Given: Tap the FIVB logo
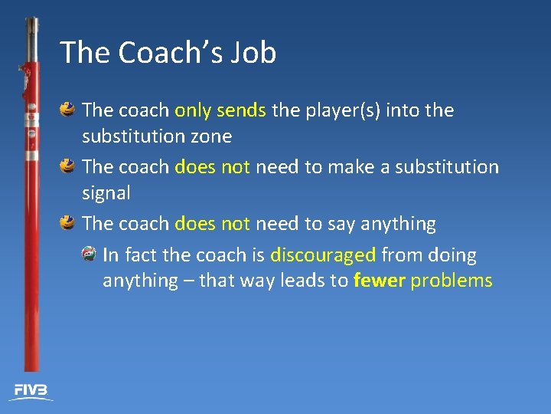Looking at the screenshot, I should point(31,391).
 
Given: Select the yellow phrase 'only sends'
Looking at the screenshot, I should point(220,110).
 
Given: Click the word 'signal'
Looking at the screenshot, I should point(106,193).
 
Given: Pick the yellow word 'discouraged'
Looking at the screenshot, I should point(322,255).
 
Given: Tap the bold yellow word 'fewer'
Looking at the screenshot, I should point(379,281).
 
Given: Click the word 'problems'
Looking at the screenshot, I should point(452,281).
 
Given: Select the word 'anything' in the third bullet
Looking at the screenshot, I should point(397,224).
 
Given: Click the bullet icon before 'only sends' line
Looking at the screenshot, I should point(68,110).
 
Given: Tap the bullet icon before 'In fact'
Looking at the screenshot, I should point(90,254).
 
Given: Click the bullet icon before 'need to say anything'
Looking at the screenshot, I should point(68,223).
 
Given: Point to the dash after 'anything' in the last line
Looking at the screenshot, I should point(188,281).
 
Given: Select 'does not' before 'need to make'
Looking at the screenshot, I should point(212,167).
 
